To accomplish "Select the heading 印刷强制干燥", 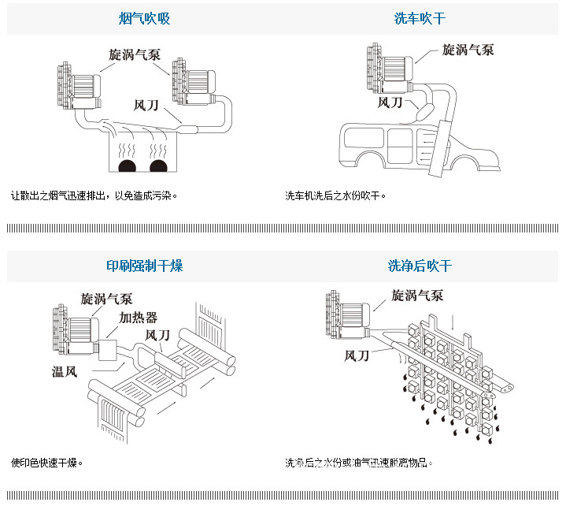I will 144,266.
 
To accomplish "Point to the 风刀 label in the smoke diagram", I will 148,103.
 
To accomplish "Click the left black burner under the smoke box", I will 127,166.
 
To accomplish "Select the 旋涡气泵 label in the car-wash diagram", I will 468,50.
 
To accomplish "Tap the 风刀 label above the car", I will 390,102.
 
